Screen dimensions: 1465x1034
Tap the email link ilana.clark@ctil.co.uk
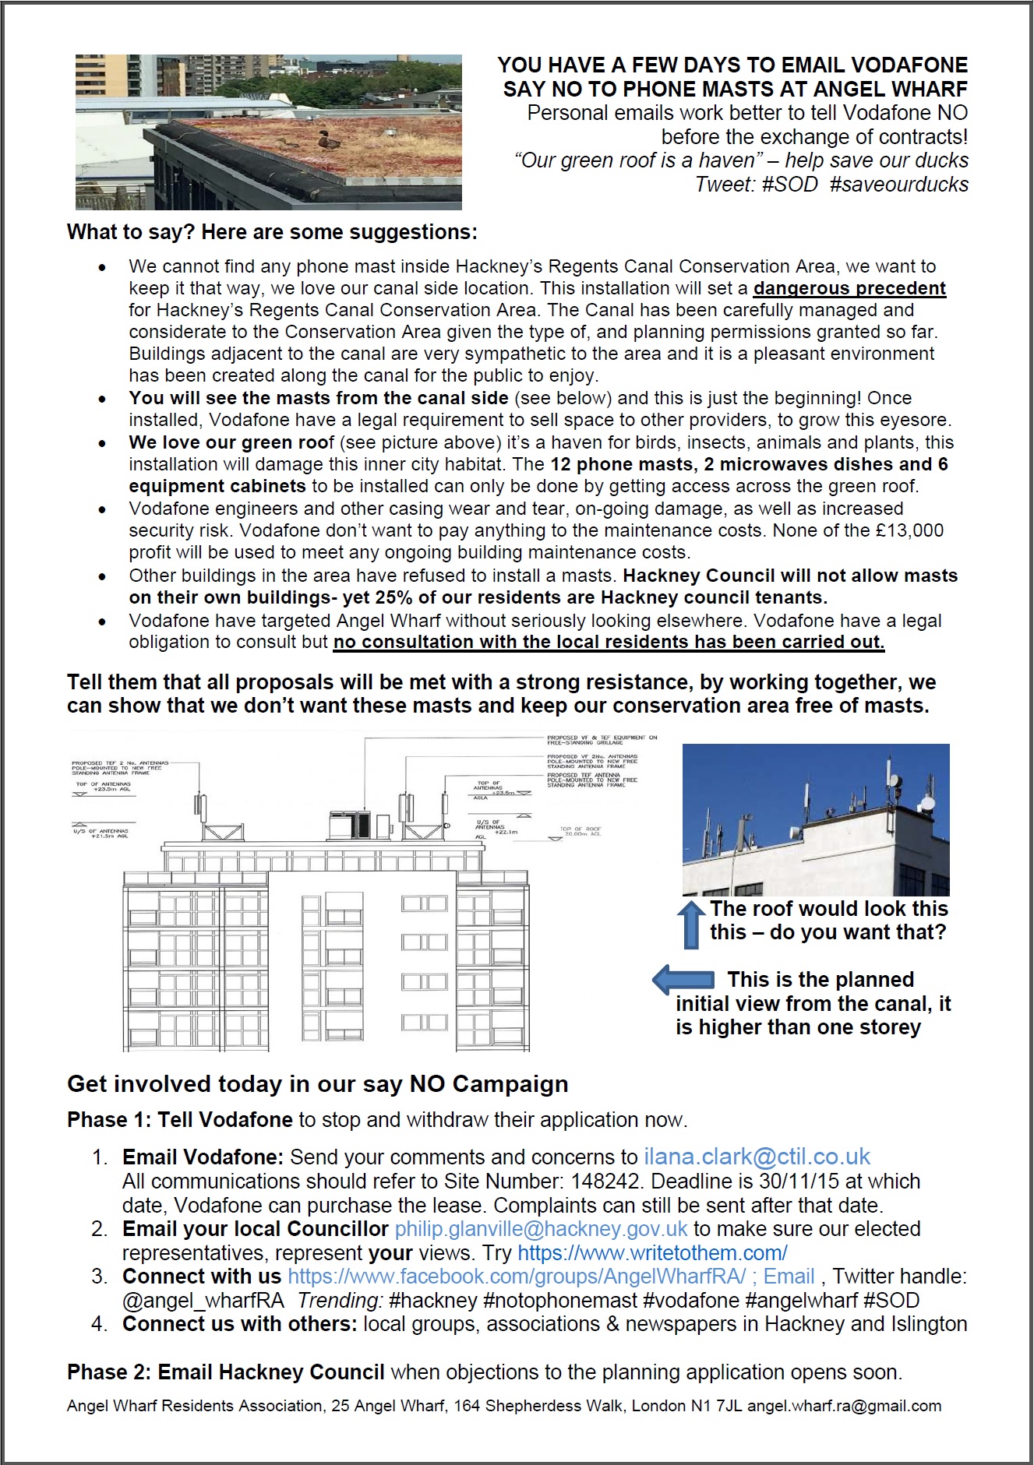coord(757,1157)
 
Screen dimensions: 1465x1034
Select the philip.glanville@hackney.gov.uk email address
coord(541,1229)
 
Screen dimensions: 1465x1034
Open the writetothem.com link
coord(652,1253)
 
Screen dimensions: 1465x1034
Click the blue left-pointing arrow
coord(683,980)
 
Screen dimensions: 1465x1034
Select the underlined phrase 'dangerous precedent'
coord(849,288)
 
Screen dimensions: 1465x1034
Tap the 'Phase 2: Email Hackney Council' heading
coord(226,1372)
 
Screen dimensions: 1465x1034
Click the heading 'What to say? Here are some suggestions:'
coord(272,232)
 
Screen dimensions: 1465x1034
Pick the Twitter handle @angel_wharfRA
coord(203,1301)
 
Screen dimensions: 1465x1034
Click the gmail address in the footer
coord(844,1407)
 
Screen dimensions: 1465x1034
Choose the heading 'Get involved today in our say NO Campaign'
coord(318,1084)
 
